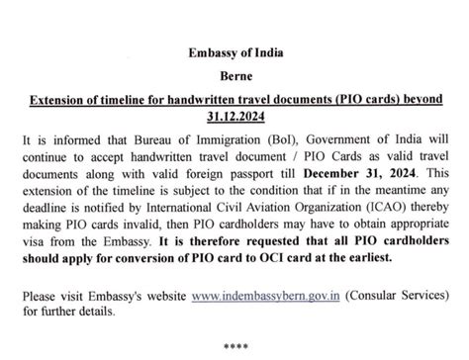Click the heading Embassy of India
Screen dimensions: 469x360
[x=234, y=52]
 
